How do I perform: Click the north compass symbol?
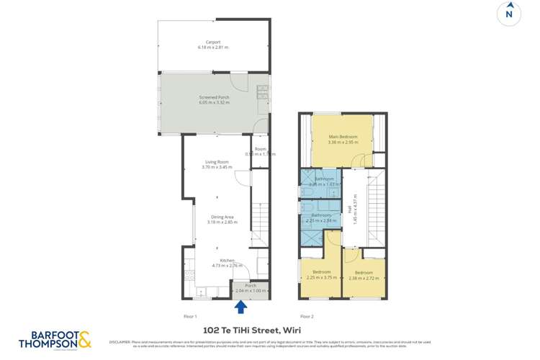(509, 14)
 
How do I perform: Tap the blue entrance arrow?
(241, 307)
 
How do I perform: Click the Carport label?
(213, 42)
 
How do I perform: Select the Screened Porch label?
(213, 97)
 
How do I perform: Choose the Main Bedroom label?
(343, 137)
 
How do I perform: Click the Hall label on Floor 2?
(350, 210)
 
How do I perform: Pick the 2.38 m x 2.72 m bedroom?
(363, 275)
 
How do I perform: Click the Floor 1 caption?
(191, 316)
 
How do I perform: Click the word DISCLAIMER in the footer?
(120, 342)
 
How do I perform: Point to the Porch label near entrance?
(251, 286)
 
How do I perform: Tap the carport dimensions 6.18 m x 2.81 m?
(213, 48)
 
